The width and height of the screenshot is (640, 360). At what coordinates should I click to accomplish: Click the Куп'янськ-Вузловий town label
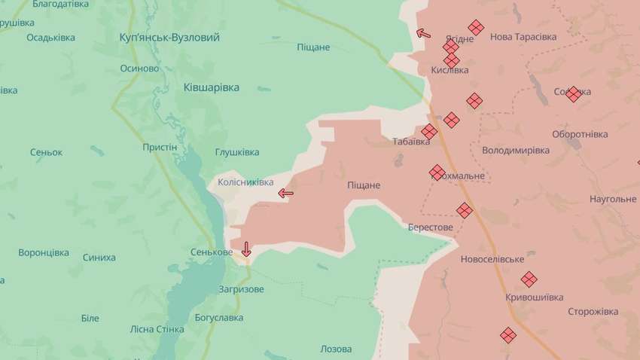pyautogui.click(x=169, y=37)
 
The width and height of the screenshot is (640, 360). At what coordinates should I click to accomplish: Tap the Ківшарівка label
pyautogui.click(x=212, y=87)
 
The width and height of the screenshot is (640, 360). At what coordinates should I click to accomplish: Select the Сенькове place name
pyautogui.click(x=212, y=252)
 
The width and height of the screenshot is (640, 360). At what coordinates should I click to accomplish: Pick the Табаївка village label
pyautogui.click(x=410, y=141)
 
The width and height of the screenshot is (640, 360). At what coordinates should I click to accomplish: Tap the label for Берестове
pyautogui.click(x=431, y=227)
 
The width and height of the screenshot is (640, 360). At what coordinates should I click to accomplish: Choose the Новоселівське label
pyautogui.click(x=492, y=259)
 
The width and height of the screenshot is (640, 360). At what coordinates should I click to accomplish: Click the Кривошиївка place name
pyautogui.click(x=535, y=297)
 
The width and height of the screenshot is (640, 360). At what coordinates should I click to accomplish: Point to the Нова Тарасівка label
pyautogui.click(x=523, y=37)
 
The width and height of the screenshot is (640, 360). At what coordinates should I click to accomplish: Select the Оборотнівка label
pyautogui.click(x=580, y=134)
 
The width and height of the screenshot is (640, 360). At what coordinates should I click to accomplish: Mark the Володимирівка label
pyautogui.click(x=516, y=150)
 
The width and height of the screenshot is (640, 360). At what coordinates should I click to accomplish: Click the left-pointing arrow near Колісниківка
pyautogui.click(x=285, y=194)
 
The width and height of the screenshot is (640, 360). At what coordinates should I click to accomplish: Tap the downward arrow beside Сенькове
pyautogui.click(x=246, y=249)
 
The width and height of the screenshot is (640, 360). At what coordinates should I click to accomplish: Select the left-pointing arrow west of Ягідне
pyautogui.click(x=424, y=33)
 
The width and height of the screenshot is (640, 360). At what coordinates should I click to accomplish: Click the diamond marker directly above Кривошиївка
pyautogui.click(x=529, y=279)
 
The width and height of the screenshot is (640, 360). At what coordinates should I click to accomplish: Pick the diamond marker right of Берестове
pyautogui.click(x=465, y=210)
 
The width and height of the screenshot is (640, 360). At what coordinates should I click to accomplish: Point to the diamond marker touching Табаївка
pyautogui.click(x=429, y=132)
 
